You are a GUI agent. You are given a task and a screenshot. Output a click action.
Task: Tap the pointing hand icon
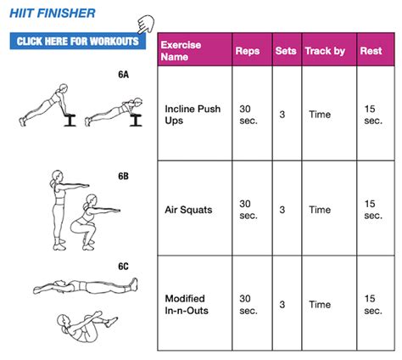coord(154,25)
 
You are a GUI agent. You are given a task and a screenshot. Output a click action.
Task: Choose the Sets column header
coord(287,51)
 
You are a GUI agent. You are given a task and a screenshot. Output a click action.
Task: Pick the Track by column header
coord(325,51)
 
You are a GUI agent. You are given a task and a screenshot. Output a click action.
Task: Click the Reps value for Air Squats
coord(246,209)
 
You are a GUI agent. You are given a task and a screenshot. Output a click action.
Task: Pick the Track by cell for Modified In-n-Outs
coord(321,304)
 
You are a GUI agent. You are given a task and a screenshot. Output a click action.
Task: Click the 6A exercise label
coord(123,75)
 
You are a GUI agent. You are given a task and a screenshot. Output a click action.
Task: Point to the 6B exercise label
coord(123,177)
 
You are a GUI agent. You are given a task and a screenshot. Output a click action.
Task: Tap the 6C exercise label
coord(123,267)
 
